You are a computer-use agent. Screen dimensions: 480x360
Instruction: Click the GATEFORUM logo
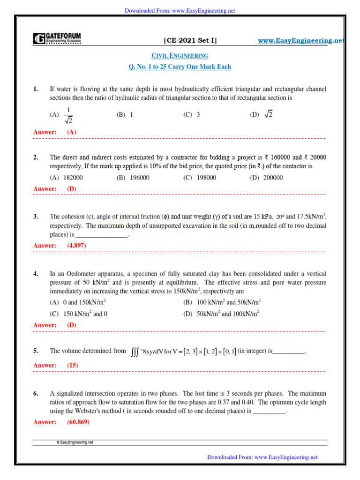(57, 39)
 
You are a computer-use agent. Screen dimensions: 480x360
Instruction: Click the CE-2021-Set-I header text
(190, 41)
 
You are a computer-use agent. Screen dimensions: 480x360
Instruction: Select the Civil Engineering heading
(180, 56)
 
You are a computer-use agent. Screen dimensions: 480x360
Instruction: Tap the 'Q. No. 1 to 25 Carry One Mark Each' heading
(180, 67)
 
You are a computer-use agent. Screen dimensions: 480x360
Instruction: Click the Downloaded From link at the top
(180, 10)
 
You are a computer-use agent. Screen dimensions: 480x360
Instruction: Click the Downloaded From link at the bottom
(262, 457)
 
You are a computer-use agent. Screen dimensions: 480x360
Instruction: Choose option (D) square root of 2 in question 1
(262, 115)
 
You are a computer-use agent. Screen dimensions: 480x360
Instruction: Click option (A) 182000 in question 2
(66, 178)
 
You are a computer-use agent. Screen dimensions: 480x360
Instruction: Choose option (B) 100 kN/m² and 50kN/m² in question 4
(222, 302)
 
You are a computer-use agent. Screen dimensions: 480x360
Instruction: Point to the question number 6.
(36, 394)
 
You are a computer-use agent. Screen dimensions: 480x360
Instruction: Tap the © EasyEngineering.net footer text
(75, 442)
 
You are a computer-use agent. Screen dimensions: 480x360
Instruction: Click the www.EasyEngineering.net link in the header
(300, 41)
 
